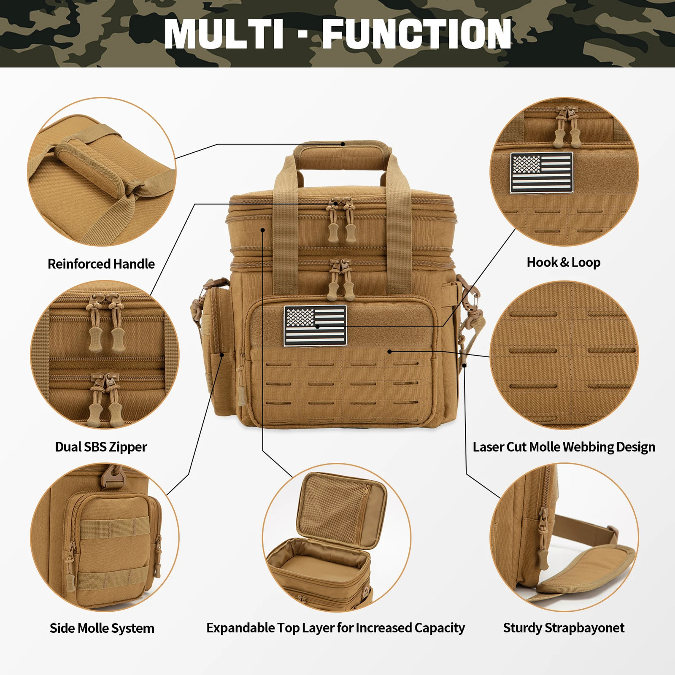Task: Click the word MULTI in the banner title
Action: tap(224, 34)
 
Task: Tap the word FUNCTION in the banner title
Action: tap(417, 34)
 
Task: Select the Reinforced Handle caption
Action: tap(101, 264)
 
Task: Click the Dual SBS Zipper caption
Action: tap(101, 447)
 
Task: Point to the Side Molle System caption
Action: tap(102, 628)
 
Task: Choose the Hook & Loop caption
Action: tap(564, 262)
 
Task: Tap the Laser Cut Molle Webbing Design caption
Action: tap(564, 447)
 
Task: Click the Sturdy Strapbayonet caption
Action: tap(564, 628)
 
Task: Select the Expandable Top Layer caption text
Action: tap(336, 628)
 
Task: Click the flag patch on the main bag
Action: tap(315, 325)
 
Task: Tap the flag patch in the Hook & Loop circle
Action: tap(542, 173)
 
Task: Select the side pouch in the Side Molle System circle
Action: tap(114, 548)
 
